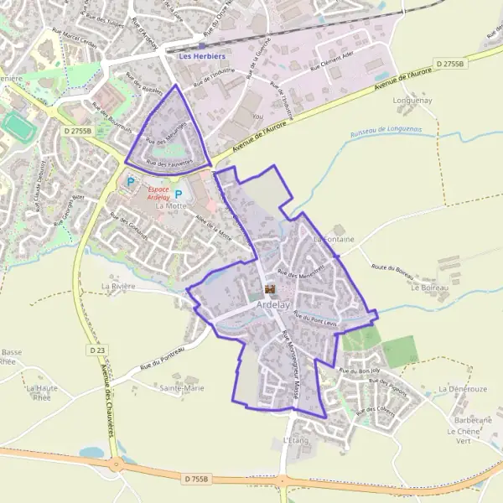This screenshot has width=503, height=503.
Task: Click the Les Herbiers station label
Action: (x=203, y=56)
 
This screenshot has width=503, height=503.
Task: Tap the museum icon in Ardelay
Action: (x=269, y=290)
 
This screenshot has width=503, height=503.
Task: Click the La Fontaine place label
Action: (x=334, y=240)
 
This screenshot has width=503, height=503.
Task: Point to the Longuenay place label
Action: (x=412, y=101)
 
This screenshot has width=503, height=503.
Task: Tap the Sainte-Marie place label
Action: (x=182, y=388)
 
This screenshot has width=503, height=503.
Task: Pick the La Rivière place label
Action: (x=117, y=286)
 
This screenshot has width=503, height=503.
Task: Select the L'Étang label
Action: (x=297, y=440)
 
